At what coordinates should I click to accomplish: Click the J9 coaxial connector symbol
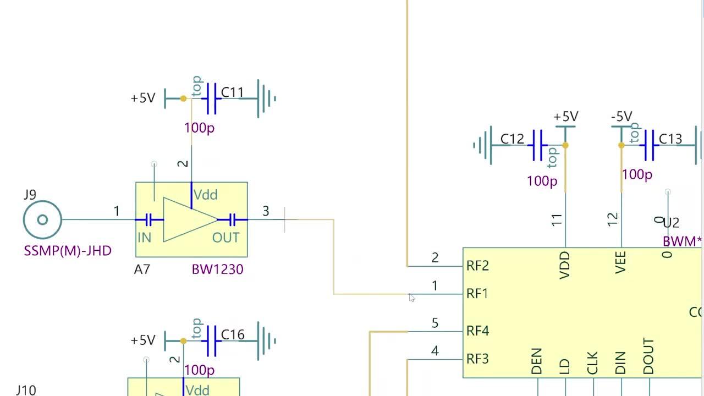click(42, 220)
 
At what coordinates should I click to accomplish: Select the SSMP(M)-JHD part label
click(68, 251)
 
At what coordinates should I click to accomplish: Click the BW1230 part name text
click(217, 269)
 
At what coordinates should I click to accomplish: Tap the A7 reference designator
click(142, 269)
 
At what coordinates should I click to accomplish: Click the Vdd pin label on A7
click(206, 195)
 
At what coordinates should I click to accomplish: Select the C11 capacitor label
click(232, 92)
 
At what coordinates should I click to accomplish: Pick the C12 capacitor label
click(512, 139)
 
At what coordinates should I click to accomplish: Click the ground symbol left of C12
click(482, 146)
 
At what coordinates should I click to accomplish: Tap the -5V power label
click(621, 117)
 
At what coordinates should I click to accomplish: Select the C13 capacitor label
click(670, 139)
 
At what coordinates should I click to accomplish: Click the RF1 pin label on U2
click(477, 294)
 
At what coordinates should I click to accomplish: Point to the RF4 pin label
click(477, 331)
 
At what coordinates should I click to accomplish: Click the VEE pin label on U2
click(620, 262)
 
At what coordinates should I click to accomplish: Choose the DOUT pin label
click(649, 356)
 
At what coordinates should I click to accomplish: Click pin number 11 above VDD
click(557, 220)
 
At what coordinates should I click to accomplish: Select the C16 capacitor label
click(232, 334)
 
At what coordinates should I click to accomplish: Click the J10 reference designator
click(26, 390)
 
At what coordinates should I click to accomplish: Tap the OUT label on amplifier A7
click(226, 238)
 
